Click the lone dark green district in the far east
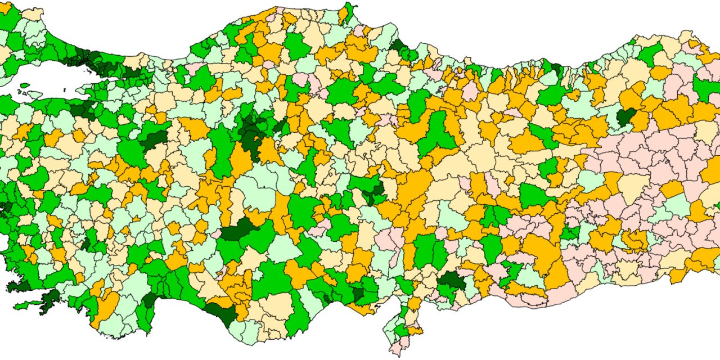tap(625, 116)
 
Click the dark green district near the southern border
tap(451, 280)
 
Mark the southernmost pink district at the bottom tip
tap(397, 349)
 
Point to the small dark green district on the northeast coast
tap(556, 70)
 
